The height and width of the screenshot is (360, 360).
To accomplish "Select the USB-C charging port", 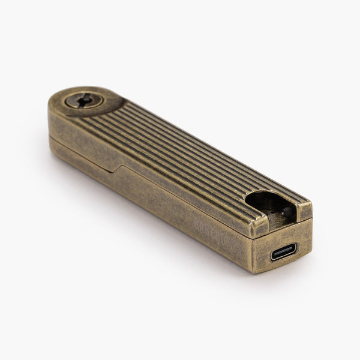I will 282,252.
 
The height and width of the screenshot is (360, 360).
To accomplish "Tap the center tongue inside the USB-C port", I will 282,252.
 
